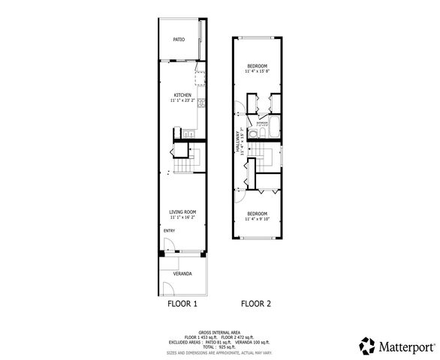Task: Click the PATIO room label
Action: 179,39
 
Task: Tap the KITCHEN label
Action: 182,95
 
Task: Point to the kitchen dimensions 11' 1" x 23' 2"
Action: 182,100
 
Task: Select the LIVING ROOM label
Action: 182,212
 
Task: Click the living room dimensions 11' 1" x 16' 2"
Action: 182,217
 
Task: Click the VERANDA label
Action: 182,274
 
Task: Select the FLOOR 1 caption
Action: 182,304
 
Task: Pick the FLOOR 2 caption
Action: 256,304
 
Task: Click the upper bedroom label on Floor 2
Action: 258,66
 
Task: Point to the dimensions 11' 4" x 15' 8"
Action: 258,71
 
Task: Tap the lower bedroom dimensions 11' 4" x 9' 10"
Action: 258,219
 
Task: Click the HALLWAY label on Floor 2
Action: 237,142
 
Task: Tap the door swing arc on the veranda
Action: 167,289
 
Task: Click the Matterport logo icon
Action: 367,346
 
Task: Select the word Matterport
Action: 407,347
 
